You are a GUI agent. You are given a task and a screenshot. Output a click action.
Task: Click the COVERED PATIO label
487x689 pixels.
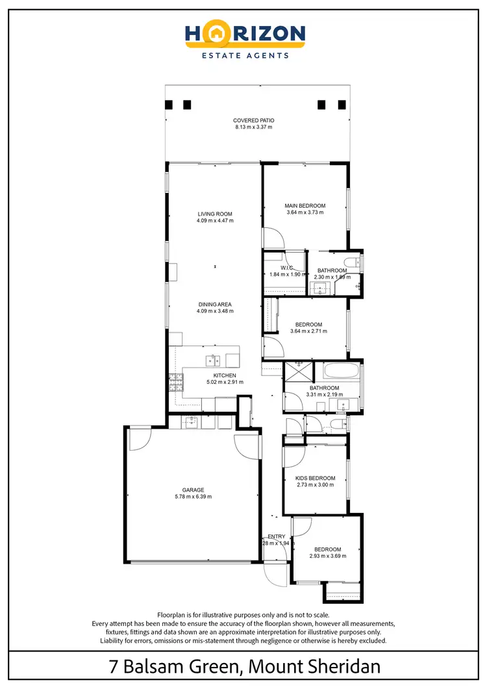[254, 120]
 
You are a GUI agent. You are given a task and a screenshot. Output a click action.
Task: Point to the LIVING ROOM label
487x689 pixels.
[215, 214]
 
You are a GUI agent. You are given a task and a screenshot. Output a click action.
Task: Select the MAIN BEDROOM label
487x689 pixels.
[305, 206]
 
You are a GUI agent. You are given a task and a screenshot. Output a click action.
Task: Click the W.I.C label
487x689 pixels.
[287, 268]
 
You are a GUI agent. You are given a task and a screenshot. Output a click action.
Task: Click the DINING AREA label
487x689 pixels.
[215, 304]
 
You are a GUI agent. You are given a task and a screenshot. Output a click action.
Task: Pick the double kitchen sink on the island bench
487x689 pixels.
[213, 359]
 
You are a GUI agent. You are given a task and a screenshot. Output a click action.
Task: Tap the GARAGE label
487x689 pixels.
[194, 490]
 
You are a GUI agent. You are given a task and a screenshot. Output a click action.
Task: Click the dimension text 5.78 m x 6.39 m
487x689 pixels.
[194, 497]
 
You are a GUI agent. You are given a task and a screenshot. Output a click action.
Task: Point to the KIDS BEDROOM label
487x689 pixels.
[315, 478]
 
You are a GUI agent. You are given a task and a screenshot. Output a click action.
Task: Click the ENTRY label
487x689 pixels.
[277, 536]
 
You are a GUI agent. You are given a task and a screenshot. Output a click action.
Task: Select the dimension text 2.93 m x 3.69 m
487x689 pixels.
[327, 556]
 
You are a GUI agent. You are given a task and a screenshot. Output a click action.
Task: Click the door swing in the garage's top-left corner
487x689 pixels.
[137, 440]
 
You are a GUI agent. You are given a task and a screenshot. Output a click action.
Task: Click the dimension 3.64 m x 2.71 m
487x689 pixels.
[308, 331]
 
